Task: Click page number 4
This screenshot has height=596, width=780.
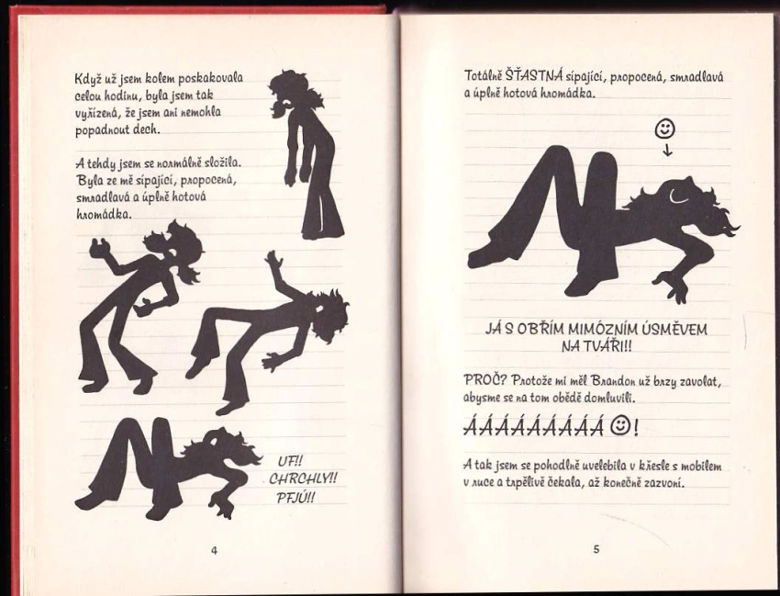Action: click(x=215, y=550)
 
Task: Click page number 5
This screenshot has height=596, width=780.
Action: click(x=596, y=549)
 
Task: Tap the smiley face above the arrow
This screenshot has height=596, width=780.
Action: click(x=665, y=129)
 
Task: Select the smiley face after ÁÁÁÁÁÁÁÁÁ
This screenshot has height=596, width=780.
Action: click(x=619, y=426)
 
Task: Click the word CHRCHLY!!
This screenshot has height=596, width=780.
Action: click(x=303, y=479)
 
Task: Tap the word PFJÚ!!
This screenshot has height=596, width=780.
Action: click(x=295, y=497)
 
